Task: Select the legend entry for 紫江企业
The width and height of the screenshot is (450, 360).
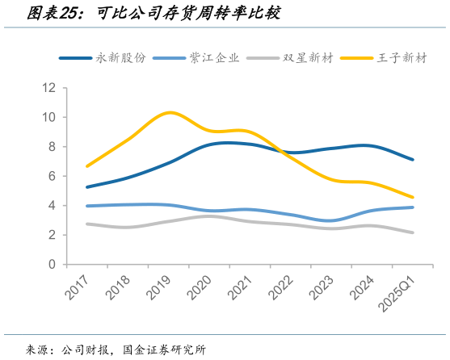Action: [215, 59]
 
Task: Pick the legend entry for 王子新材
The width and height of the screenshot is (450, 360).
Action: [401, 59]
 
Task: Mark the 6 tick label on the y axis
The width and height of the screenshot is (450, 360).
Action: [52, 176]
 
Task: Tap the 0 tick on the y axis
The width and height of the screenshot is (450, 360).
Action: [52, 264]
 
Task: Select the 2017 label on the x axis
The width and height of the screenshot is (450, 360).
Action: [74, 285]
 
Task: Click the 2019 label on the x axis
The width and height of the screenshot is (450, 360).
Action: [156, 285]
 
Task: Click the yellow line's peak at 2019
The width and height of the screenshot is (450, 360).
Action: [169, 112]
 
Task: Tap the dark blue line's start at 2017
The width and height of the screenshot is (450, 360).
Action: [87, 186]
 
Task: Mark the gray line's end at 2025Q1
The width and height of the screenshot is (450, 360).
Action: [413, 232]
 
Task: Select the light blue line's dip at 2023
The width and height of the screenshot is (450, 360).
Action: [331, 220]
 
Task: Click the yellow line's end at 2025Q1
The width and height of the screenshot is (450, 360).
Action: [413, 197]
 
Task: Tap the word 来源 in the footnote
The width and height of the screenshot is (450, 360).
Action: [37, 350]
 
